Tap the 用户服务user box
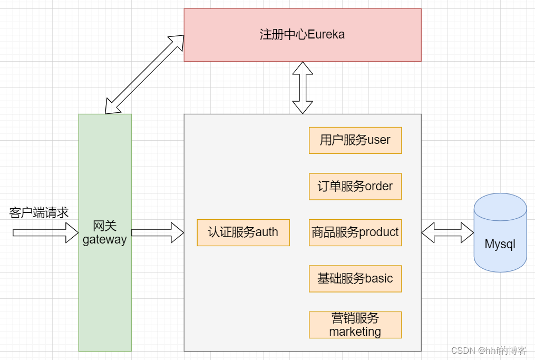(x=355, y=140)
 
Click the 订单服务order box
(x=355, y=186)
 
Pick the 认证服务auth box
(x=243, y=232)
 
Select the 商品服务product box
(x=355, y=232)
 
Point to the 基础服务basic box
(x=355, y=278)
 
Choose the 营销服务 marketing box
(x=355, y=325)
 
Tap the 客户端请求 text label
(x=39, y=213)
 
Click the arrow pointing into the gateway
(x=45, y=232)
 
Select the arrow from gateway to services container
(x=157, y=232)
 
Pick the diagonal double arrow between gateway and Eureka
(x=144, y=74)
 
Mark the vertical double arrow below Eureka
(x=303, y=87)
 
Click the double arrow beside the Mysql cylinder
(x=448, y=232)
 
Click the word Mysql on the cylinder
(x=500, y=245)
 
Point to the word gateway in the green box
(x=105, y=240)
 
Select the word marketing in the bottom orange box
(x=355, y=332)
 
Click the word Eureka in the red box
(x=326, y=35)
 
